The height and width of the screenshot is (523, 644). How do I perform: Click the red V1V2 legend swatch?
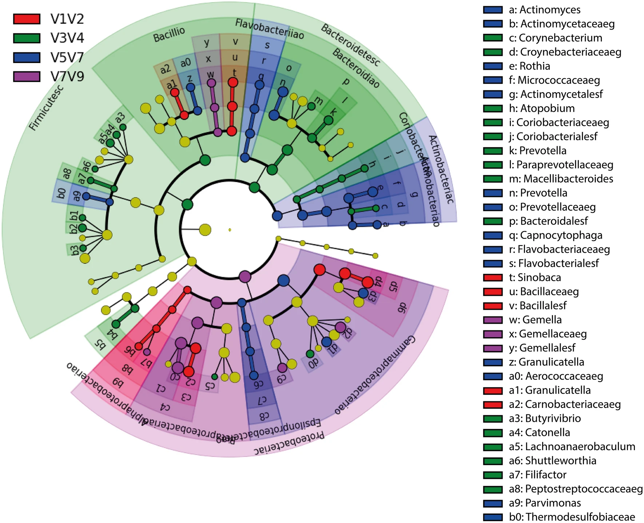pyautogui.click(x=27, y=19)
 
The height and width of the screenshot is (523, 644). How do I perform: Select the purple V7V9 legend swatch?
pyautogui.click(x=27, y=76)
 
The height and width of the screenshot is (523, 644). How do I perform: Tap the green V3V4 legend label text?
pyautogui.click(x=67, y=38)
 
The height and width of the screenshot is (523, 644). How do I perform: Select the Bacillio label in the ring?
pyautogui.click(x=169, y=35)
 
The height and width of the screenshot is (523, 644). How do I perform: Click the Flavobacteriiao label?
pyautogui.click(x=269, y=29)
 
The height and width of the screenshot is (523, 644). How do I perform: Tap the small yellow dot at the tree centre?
pyautogui.click(x=230, y=229)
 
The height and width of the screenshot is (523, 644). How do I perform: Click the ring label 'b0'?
pyautogui.click(x=62, y=193)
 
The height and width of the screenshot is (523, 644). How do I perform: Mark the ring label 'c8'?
pyautogui.click(x=264, y=416)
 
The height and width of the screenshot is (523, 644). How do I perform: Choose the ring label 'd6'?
pyautogui.click(x=402, y=308)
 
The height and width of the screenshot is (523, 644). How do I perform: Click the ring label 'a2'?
pyautogui.click(x=165, y=68)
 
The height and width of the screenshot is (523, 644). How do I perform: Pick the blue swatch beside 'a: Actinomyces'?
pyautogui.click(x=493, y=10)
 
